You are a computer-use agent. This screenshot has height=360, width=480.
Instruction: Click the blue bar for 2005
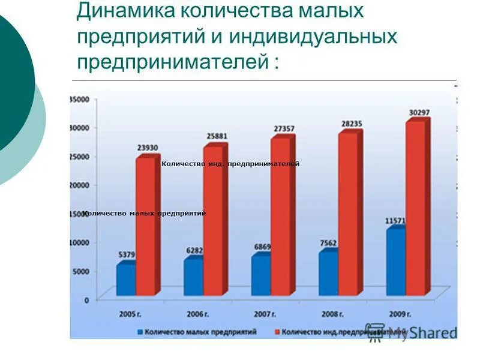pos(125,280)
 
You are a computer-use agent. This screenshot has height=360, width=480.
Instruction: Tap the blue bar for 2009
pos(395,263)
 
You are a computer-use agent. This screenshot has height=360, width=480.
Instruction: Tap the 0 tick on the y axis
pos(86,299)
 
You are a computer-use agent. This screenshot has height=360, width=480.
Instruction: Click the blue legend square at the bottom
pos(141,331)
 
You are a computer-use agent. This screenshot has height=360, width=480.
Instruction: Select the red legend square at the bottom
pos(278,331)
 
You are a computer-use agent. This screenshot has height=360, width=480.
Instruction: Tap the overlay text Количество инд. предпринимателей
pos(230,164)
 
